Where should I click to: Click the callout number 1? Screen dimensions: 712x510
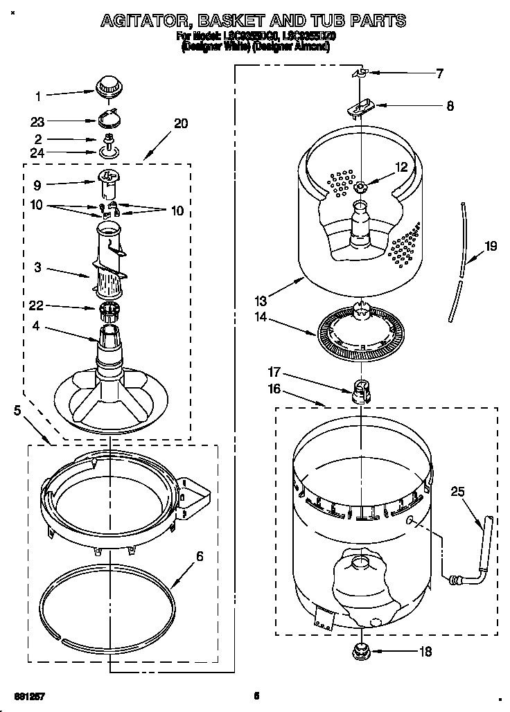tap(39, 96)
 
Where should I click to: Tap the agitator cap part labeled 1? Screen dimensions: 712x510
tap(107, 87)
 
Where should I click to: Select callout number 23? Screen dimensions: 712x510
tap(37, 121)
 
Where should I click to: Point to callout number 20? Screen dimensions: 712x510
tap(180, 124)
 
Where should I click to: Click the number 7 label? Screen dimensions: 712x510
tap(439, 73)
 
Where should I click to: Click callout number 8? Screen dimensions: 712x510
tap(450, 106)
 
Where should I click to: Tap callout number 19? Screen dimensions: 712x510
tap(491, 245)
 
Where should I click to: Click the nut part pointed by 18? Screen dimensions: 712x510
tap(361, 650)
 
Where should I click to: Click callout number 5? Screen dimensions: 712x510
tap(17, 410)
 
